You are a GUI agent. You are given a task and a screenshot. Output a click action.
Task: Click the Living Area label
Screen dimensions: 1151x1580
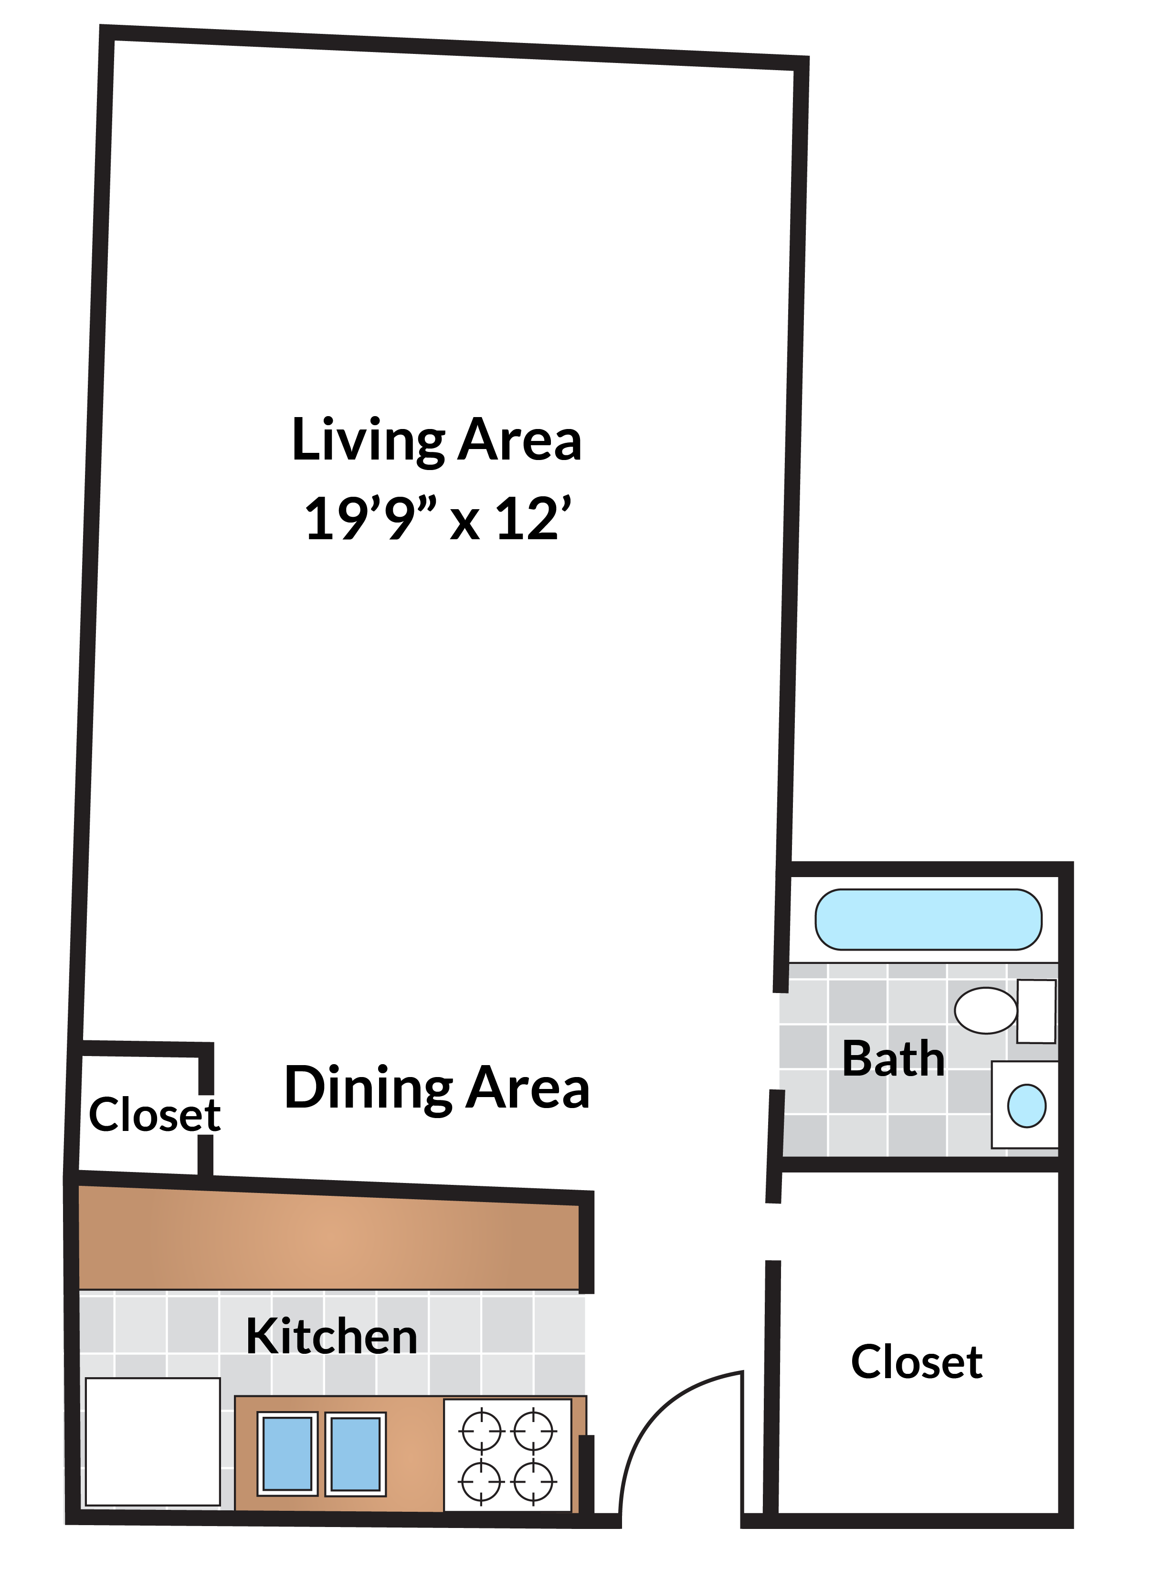pyautogui.click(x=436, y=440)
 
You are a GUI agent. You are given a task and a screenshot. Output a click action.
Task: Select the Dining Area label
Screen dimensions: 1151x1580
pyautogui.click(x=437, y=1088)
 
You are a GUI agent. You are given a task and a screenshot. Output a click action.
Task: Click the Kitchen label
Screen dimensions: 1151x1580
pyautogui.click(x=332, y=1336)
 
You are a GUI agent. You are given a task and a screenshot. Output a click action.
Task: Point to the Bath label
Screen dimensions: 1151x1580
pyautogui.click(x=893, y=1059)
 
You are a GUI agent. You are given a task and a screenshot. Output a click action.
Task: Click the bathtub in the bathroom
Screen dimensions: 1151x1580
pyautogui.click(x=928, y=920)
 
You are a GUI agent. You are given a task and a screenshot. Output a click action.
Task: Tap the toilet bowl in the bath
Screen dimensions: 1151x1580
pyautogui.click(x=985, y=1010)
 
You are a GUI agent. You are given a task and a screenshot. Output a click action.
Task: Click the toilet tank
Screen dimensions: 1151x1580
pyautogui.click(x=1036, y=1011)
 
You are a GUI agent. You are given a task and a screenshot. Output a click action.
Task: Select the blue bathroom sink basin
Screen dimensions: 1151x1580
pyautogui.click(x=1026, y=1106)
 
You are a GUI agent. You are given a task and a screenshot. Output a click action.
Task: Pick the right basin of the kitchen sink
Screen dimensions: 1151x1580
pyautogui.click(x=355, y=1454)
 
